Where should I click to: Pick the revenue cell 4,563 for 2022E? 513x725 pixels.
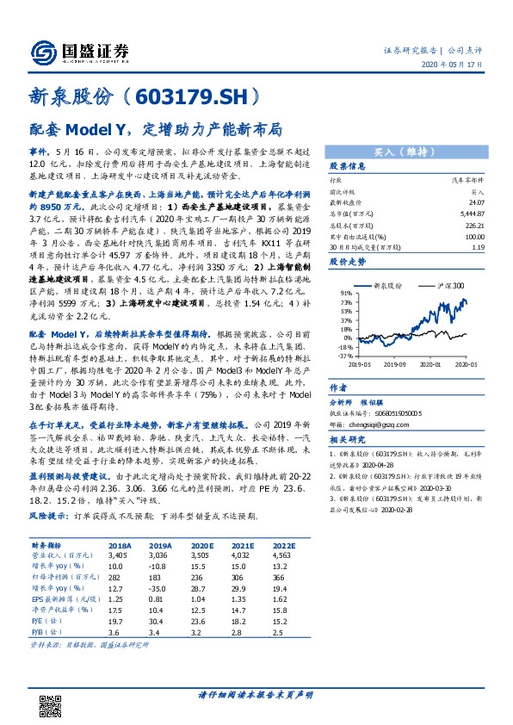282,555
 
